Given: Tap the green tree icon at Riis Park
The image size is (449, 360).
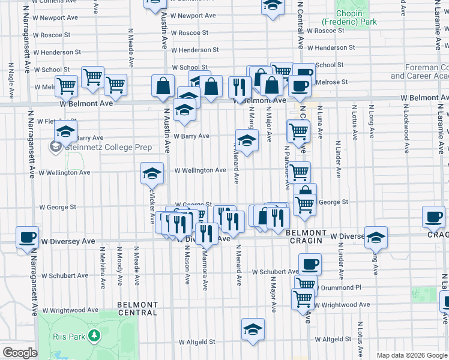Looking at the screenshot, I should [x=94, y=336].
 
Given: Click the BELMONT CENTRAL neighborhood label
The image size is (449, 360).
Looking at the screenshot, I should [x=137, y=308].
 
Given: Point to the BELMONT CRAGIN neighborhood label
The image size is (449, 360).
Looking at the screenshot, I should [x=306, y=236].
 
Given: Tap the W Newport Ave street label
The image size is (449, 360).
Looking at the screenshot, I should [x=193, y=16].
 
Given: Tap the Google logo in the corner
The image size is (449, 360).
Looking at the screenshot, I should [x=20, y=352].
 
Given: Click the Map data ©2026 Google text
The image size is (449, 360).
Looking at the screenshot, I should [x=412, y=355].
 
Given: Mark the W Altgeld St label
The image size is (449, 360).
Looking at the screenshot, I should [x=197, y=342].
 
